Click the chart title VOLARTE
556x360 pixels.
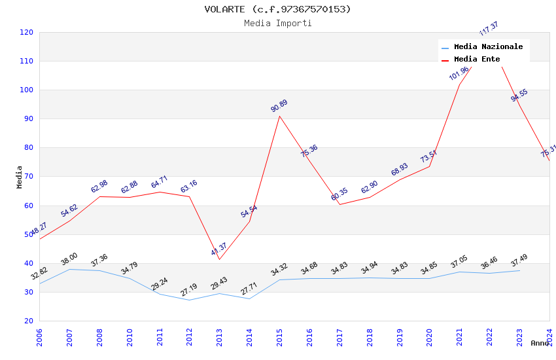(277, 9)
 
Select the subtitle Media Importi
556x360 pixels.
(277, 23)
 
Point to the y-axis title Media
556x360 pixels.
(20, 177)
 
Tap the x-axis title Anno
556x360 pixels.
(540, 343)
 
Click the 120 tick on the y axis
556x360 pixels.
(27, 32)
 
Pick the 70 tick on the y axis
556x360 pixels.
(29, 177)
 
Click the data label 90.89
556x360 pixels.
(279, 106)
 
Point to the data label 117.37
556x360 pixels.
(489, 29)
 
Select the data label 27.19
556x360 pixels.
(189, 290)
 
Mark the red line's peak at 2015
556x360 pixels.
(279, 116)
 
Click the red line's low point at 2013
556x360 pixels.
(219, 259)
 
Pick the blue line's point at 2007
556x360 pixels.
(69, 269)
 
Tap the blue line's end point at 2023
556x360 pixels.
(519, 270)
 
